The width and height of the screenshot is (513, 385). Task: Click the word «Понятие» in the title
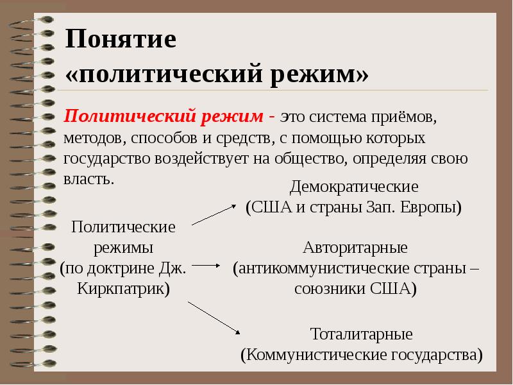pos(121,40)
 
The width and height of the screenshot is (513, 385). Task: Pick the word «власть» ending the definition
pos(89,178)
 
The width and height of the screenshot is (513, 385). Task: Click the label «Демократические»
pos(354,187)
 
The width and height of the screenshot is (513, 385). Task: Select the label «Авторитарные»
pos(355,247)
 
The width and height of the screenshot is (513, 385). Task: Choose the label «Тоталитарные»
pos(361,334)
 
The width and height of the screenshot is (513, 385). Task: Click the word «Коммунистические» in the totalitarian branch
pos(308,354)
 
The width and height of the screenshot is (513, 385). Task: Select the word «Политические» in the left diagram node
pos(124,227)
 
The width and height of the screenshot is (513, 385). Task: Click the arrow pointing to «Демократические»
pos(215,213)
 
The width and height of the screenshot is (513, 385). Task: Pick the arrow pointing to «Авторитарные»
pos(205,264)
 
